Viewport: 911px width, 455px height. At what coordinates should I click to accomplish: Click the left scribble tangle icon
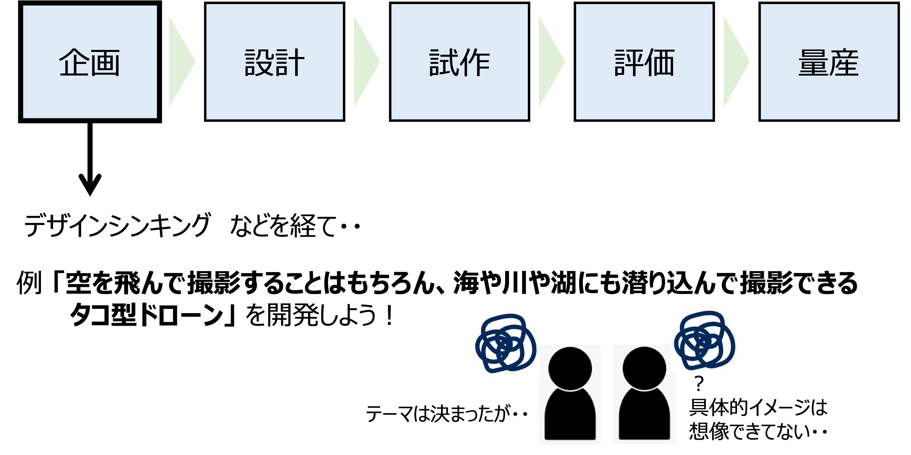pos(505,343)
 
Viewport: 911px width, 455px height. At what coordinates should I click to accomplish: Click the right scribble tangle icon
pos(704,340)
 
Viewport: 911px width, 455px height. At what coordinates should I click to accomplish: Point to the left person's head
pos(570,368)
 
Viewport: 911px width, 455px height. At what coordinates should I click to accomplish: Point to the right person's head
pos(644,368)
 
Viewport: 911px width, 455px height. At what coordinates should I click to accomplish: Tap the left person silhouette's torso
pos(570,416)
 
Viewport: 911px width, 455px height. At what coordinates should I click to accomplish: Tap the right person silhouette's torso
pos(644,416)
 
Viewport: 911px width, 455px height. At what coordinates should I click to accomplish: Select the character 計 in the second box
pos(290,63)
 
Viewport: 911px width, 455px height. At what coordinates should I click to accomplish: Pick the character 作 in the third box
pos(475,63)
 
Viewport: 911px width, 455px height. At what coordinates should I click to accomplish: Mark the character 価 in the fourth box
pos(659,63)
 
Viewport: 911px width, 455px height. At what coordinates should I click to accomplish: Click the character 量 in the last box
pos(813,63)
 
